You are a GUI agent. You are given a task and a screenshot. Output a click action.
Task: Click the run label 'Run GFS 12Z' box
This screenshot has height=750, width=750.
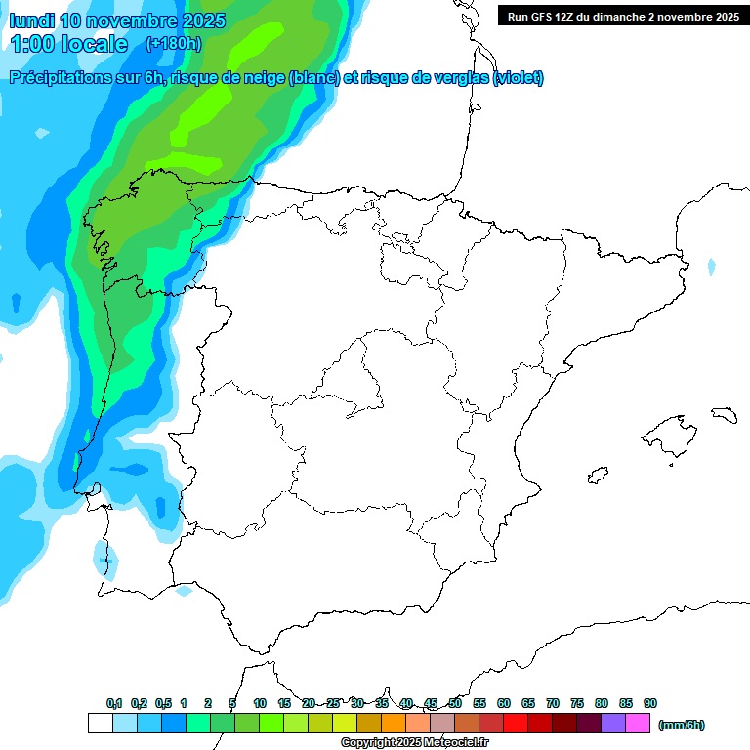(x=620, y=16)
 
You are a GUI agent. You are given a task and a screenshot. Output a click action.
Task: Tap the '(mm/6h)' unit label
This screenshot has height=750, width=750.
(x=681, y=725)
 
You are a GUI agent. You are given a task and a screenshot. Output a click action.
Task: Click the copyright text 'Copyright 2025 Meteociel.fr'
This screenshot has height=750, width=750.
(x=414, y=743)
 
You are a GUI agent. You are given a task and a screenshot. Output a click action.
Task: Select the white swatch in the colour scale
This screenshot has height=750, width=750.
(x=100, y=723)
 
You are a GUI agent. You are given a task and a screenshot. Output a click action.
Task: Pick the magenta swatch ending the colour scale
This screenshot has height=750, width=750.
(x=638, y=723)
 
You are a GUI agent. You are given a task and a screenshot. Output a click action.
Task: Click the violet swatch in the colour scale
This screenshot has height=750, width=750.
(x=613, y=723)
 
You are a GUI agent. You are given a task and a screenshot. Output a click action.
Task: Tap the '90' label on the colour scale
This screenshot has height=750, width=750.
(x=650, y=703)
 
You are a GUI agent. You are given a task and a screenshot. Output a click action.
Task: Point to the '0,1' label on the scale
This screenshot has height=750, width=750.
(x=113, y=703)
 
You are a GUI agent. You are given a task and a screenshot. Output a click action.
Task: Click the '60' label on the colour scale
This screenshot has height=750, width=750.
(x=504, y=703)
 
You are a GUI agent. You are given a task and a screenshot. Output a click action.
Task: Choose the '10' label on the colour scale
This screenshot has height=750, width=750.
(x=260, y=703)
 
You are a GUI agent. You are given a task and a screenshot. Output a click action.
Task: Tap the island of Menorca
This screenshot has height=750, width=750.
(x=724, y=414)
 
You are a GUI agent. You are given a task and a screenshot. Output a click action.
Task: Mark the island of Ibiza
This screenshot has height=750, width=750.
(x=598, y=475)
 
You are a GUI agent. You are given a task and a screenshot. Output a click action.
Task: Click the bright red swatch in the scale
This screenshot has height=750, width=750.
(x=516, y=723)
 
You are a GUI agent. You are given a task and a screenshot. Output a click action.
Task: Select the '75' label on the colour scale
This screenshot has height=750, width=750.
(x=577, y=703)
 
